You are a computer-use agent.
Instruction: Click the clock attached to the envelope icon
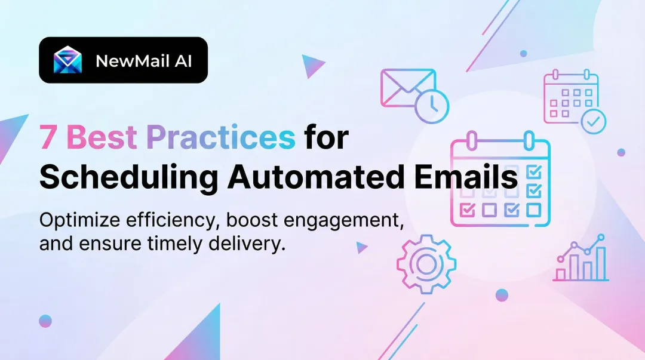431,106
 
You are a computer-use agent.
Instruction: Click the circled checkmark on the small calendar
592,122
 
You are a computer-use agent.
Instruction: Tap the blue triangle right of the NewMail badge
311,65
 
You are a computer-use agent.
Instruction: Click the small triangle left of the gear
361,247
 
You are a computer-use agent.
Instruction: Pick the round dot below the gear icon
502,295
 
